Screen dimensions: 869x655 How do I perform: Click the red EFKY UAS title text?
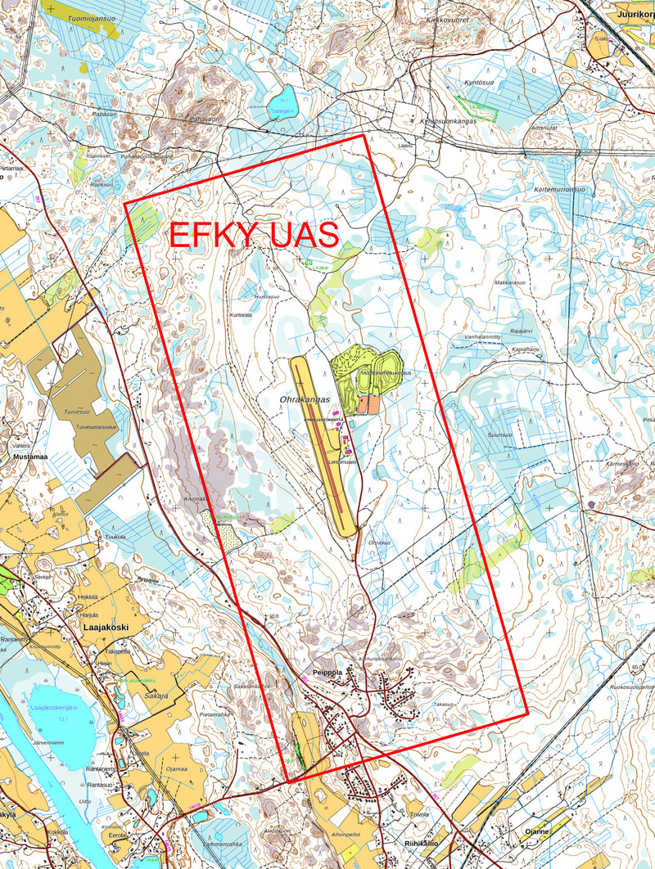[254, 235]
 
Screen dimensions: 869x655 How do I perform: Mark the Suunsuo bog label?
[500, 434]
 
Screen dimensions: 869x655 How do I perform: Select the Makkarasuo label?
[509, 282]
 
